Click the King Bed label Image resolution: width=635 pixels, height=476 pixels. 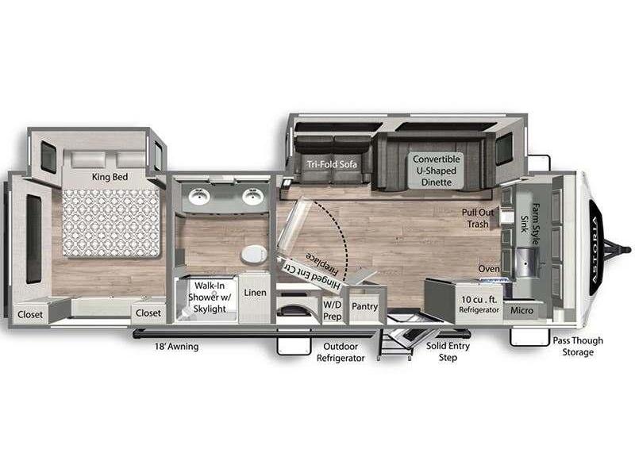tap(110, 177)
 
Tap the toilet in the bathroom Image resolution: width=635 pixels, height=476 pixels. tap(253, 254)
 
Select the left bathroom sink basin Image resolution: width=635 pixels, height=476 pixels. tap(199, 196)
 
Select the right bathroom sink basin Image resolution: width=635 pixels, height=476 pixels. tap(253, 196)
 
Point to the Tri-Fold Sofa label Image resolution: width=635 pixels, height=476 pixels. tap(332, 164)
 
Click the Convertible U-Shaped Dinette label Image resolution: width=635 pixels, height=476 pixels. tap(436, 171)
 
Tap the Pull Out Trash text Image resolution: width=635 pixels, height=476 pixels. tap(478, 218)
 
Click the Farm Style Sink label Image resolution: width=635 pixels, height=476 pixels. tap(530, 225)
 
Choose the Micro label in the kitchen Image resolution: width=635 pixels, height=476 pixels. tap(521, 310)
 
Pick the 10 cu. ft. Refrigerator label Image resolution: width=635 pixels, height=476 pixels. tap(479, 305)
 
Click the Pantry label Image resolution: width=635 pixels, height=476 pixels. tap(364, 306)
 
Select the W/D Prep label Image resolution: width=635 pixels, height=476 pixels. tap(332, 310)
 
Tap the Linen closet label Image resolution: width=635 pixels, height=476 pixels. tap(255, 292)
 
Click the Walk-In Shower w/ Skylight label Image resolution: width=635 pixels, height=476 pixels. tap(210, 297)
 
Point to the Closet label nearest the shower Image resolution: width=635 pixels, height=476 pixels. tap(148, 313)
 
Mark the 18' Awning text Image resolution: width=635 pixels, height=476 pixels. tap(176, 347)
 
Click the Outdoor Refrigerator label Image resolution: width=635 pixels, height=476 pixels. tap(341, 352)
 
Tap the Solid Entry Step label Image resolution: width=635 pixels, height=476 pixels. tap(448, 351)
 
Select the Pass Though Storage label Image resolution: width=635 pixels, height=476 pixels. tap(578, 347)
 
